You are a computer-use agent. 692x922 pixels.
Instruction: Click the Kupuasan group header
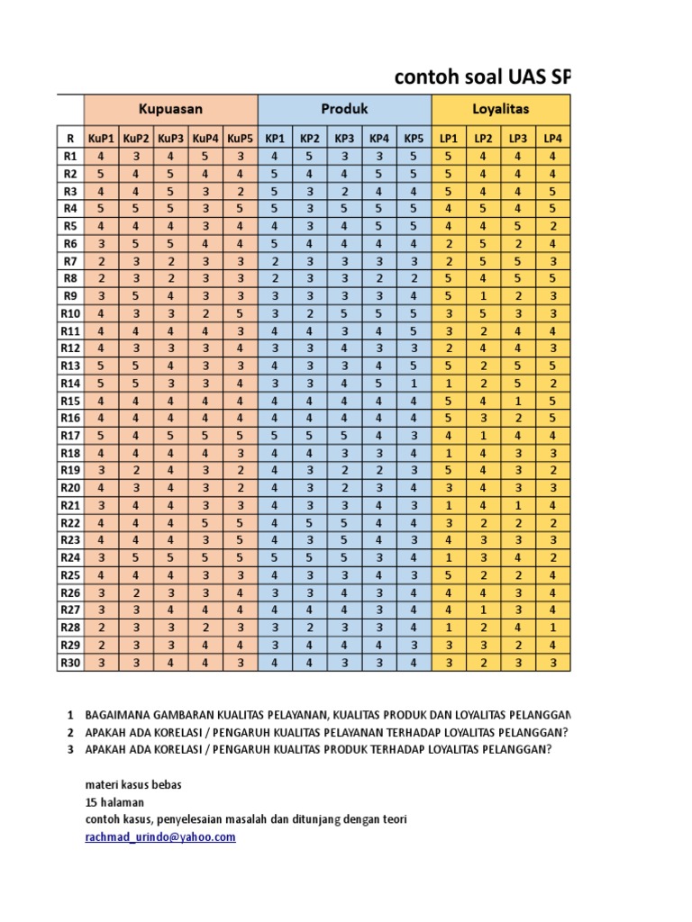(x=170, y=109)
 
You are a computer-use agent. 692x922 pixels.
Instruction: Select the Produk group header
(x=345, y=109)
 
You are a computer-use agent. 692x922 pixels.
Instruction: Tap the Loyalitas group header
(x=501, y=109)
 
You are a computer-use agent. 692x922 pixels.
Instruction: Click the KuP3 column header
(x=170, y=138)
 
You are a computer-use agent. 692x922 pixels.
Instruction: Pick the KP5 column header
(x=414, y=138)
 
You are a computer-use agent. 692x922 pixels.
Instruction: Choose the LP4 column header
(x=552, y=138)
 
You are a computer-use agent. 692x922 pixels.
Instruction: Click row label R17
(x=70, y=435)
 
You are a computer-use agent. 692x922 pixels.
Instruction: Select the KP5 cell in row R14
(x=414, y=383)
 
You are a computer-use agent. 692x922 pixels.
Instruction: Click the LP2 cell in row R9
(x=484, y=295)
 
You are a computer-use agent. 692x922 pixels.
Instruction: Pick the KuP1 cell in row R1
(x=101, y=156)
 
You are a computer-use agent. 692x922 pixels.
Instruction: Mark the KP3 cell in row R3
(x=344, y=191)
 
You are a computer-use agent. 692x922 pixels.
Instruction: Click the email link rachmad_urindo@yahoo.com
(x=160, y=836)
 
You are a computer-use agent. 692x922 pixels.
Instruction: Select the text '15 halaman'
(x=114, y=801)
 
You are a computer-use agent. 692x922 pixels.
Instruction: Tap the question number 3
(x=70, y=748)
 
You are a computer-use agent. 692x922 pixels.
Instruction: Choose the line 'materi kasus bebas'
(x=133, y=784)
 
